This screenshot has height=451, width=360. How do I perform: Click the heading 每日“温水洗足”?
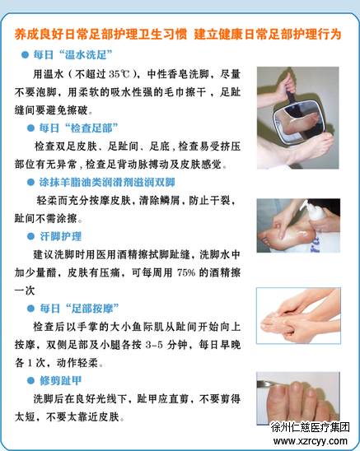pos(72,54)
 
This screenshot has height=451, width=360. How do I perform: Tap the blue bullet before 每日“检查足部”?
pos(30,128)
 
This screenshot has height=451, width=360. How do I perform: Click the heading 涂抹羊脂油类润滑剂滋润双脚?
pos(107,183)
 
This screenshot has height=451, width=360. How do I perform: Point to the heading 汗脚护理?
pos(60,236)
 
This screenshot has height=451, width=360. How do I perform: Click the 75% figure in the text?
pos(186,272)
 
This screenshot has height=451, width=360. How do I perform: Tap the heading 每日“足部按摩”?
pos(79,309)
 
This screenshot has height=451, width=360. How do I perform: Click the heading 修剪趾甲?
pos(60,381)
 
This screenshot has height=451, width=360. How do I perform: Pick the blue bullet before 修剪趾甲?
pos(30,381)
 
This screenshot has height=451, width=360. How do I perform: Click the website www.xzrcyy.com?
pos(311,440)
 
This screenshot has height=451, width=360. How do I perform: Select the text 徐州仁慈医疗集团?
pos(311,427)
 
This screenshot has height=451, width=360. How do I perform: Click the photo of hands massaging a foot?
pos(298,316)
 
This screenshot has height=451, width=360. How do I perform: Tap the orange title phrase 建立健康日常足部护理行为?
pos(268,35)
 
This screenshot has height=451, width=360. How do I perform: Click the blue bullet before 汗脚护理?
pos(30,236)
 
